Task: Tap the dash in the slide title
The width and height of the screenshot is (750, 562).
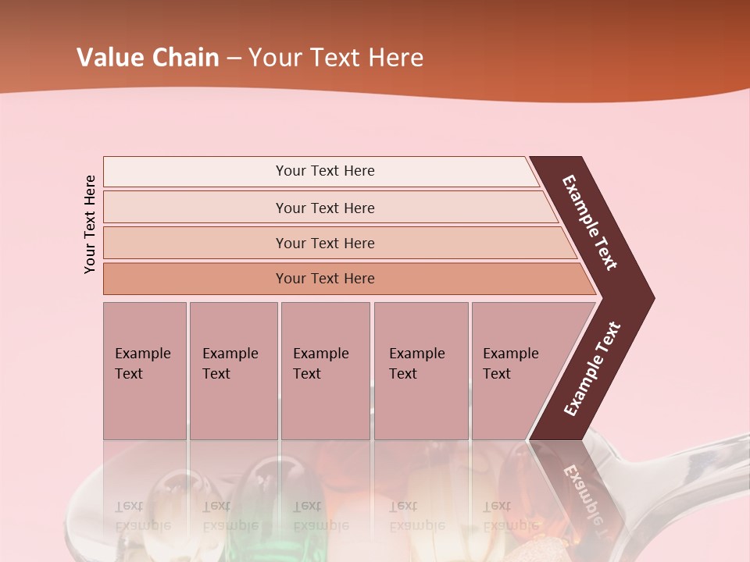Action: [234, 59]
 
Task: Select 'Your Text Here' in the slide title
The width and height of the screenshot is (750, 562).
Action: [336, 58]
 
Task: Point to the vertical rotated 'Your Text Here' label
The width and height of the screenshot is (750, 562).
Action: [90, 224]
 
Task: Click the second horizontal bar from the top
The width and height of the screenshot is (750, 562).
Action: [324, 208]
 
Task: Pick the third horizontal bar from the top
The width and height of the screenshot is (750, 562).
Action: [324, 243]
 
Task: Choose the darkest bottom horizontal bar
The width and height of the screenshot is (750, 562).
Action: [324, 279]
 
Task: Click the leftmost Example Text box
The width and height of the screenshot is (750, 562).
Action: [145, 371]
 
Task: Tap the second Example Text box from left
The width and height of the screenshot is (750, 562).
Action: [233, 371]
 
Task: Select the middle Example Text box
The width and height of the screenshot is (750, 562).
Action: [325, 371]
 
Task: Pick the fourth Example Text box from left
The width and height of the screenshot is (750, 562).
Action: [420, 371]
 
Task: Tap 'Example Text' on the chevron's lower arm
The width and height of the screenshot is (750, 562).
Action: [592, 369]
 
